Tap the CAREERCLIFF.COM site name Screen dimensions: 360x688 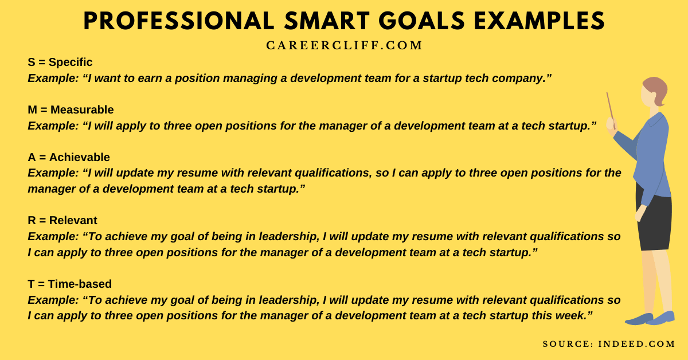pos(344,46)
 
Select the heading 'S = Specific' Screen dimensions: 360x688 pos(60,62)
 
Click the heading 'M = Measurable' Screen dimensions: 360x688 pos(71,109)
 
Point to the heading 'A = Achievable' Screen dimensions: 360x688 pos(68,157)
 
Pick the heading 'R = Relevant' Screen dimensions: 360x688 pos(62,220)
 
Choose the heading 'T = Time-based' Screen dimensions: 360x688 pos(69,284)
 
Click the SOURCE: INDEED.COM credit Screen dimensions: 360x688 pos(609,344)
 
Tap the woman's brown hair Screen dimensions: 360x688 pos(656,89)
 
